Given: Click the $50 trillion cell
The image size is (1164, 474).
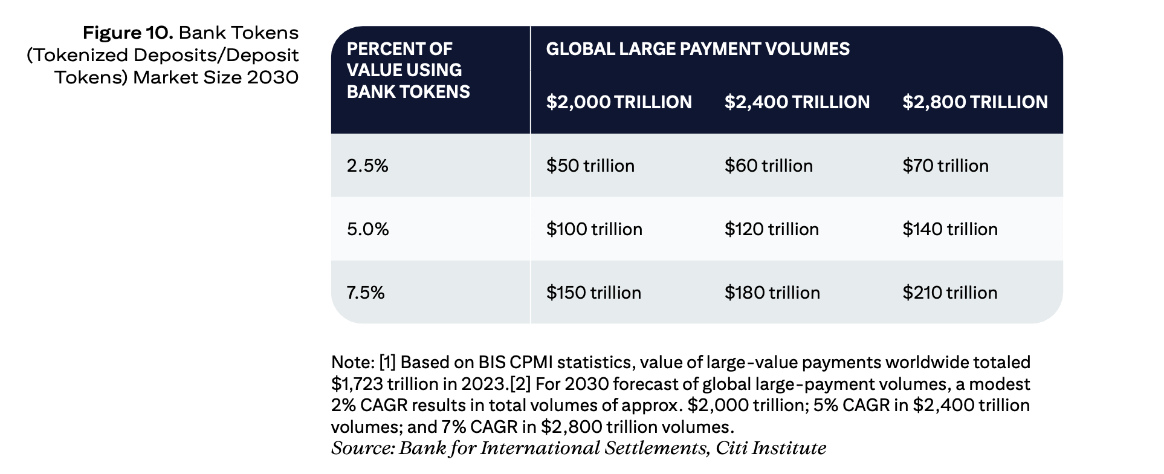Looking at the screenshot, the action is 590,166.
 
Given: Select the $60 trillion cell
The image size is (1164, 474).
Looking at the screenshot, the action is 769,166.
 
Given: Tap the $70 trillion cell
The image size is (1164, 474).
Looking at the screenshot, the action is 945,166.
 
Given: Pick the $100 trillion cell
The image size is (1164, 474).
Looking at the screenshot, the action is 594,229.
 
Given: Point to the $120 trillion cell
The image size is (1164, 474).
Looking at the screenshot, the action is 772,229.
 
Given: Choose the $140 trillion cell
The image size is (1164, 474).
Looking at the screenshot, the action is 950,229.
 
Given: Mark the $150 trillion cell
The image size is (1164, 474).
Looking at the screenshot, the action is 593,293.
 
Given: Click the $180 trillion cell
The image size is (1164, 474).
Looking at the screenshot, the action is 772,293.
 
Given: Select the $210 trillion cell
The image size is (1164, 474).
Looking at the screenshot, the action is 950,293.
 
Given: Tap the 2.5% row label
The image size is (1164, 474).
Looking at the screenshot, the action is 367,166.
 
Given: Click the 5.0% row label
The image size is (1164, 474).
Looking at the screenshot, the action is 368,229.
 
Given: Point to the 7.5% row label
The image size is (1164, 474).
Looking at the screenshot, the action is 366,293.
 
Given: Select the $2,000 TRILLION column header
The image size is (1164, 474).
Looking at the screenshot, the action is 619,102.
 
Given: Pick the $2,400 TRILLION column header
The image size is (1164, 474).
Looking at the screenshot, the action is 797,102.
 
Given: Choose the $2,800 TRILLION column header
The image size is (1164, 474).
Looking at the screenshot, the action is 975,102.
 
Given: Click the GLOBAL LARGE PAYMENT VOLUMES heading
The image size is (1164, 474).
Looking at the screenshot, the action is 698,49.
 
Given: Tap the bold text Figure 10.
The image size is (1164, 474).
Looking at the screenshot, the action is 128,33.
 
